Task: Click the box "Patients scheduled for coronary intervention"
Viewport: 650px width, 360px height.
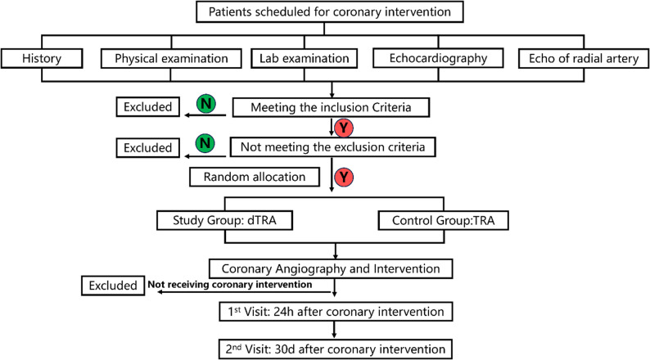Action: [x=330, y=11]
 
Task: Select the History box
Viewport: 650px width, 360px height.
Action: [x=42, y=58]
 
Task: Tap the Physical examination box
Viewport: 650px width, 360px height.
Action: [x=171, y=58]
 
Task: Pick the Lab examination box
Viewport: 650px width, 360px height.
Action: [x=304, y=58]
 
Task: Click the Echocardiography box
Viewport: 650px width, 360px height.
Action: [x=438, y=58]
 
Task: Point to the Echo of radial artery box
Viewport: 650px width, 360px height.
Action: [x=584, y=58]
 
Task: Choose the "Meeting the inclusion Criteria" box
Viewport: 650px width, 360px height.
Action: [x=331, y=107]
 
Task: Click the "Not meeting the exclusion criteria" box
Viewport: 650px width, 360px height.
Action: [x=333, y=147]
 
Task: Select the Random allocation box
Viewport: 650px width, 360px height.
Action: [x=255, y=177]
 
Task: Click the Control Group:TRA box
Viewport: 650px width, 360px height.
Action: [x=443, y=220]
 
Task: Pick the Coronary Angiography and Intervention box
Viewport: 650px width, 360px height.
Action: [x=331, y=268]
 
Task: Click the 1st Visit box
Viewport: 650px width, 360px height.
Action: [x=336, y=312]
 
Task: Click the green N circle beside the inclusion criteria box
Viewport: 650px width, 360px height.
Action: [x=206, y=104]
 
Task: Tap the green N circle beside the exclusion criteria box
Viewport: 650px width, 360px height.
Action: [x=205, y=143]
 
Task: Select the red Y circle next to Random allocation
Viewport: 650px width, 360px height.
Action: [x=344, y=178]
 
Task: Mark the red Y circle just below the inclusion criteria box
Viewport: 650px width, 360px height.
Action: [x=344, y=128]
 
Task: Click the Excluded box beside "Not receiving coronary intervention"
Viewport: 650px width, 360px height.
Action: [x=113, y=286]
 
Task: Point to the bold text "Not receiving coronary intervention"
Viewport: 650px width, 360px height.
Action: [x=230, y=285]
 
